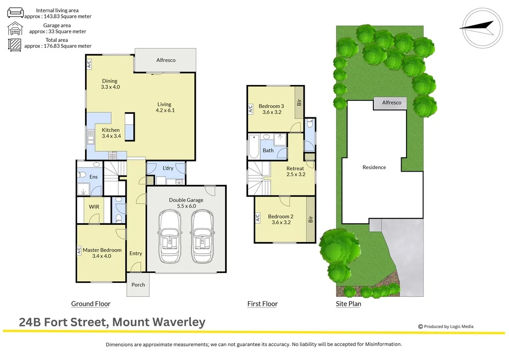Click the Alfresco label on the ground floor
[x=166, y=60]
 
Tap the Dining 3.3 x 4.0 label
[x=110, y=84]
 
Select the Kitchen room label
[x=110, y=133]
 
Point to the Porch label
[x=138, y=285]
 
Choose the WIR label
[x=94, y=206]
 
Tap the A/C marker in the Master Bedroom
[x=79, y=251]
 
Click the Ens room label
[x=93, y=177]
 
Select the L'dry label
[x=168, y=168]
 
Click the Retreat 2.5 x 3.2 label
[x=295, y=172]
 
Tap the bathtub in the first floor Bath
[x=253, y=147]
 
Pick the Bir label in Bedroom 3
[x=299, y=102]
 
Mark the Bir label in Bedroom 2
[x=311, y=219]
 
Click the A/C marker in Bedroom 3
[x=250, y=109]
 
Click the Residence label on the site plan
[x=374, y=168]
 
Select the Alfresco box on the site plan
[x=391, y=103]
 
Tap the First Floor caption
[x=262, y=304]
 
